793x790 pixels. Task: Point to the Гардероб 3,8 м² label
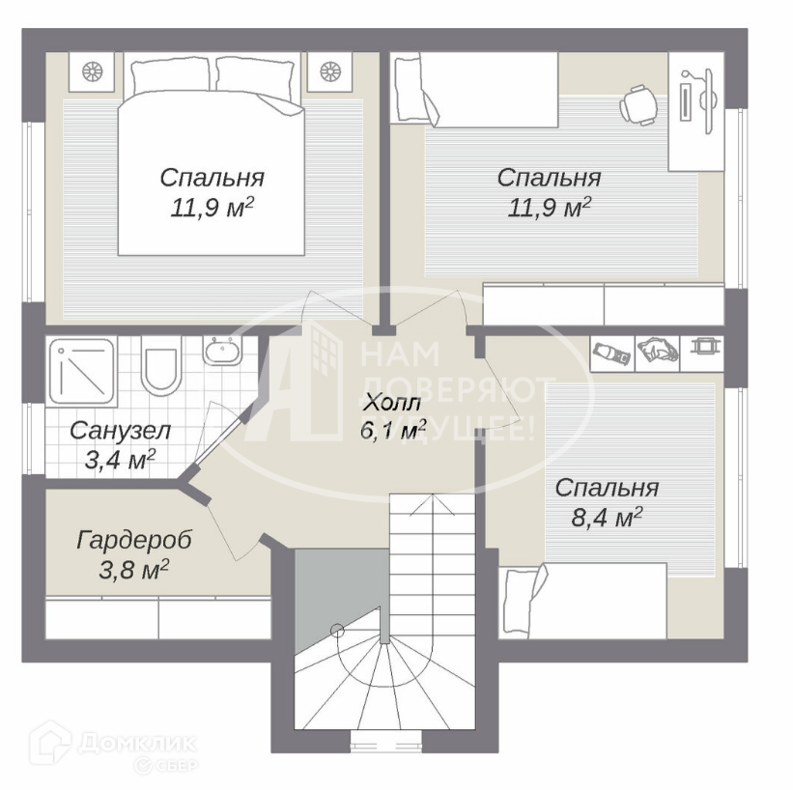click(x=133, y=553)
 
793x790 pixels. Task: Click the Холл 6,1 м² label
click(x=391, y=417)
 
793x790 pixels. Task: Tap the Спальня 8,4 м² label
click(x=607, y=502)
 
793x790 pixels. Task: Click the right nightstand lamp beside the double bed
click(x=330, y=71)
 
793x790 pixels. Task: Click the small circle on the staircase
click(x=337, y=631)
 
